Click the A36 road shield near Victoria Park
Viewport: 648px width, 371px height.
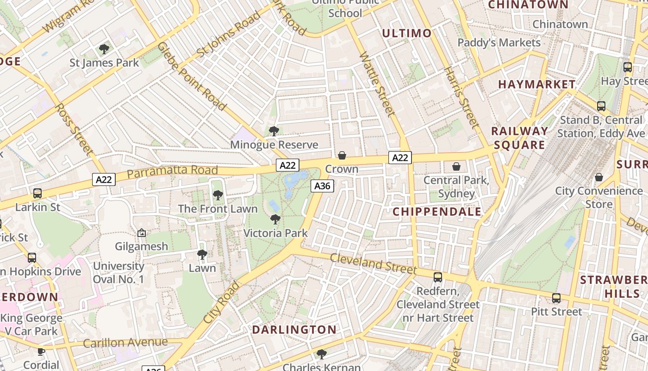click(322, 186)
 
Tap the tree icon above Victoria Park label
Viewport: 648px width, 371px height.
click(275, 219)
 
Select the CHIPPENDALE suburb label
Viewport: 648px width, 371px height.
click(437, 212)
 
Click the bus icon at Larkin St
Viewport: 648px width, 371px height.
click(37, 193)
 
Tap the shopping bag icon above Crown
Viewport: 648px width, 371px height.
click(342, 155)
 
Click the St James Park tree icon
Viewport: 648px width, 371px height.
click(104, 49)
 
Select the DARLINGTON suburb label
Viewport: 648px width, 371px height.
click(294, 330)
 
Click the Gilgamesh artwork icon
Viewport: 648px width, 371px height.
click(142, 233)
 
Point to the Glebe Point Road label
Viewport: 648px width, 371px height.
click(192, 77)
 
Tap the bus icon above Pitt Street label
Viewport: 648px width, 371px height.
click(556, 298)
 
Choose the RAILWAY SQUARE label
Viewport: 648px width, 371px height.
click(519, 138)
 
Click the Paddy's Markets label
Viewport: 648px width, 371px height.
click(499, 43)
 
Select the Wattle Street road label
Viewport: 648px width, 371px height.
click(376, 83)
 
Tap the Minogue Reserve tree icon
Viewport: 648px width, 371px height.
click(274, 131)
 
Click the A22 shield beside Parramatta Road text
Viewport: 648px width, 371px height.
click(103, 179)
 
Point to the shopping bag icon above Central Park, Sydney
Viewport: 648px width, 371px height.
click(456, 166)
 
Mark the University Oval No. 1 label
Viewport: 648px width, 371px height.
click(118, 273)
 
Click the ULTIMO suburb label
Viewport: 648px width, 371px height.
click(406, 33)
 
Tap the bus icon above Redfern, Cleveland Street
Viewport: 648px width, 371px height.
click(437, 277)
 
